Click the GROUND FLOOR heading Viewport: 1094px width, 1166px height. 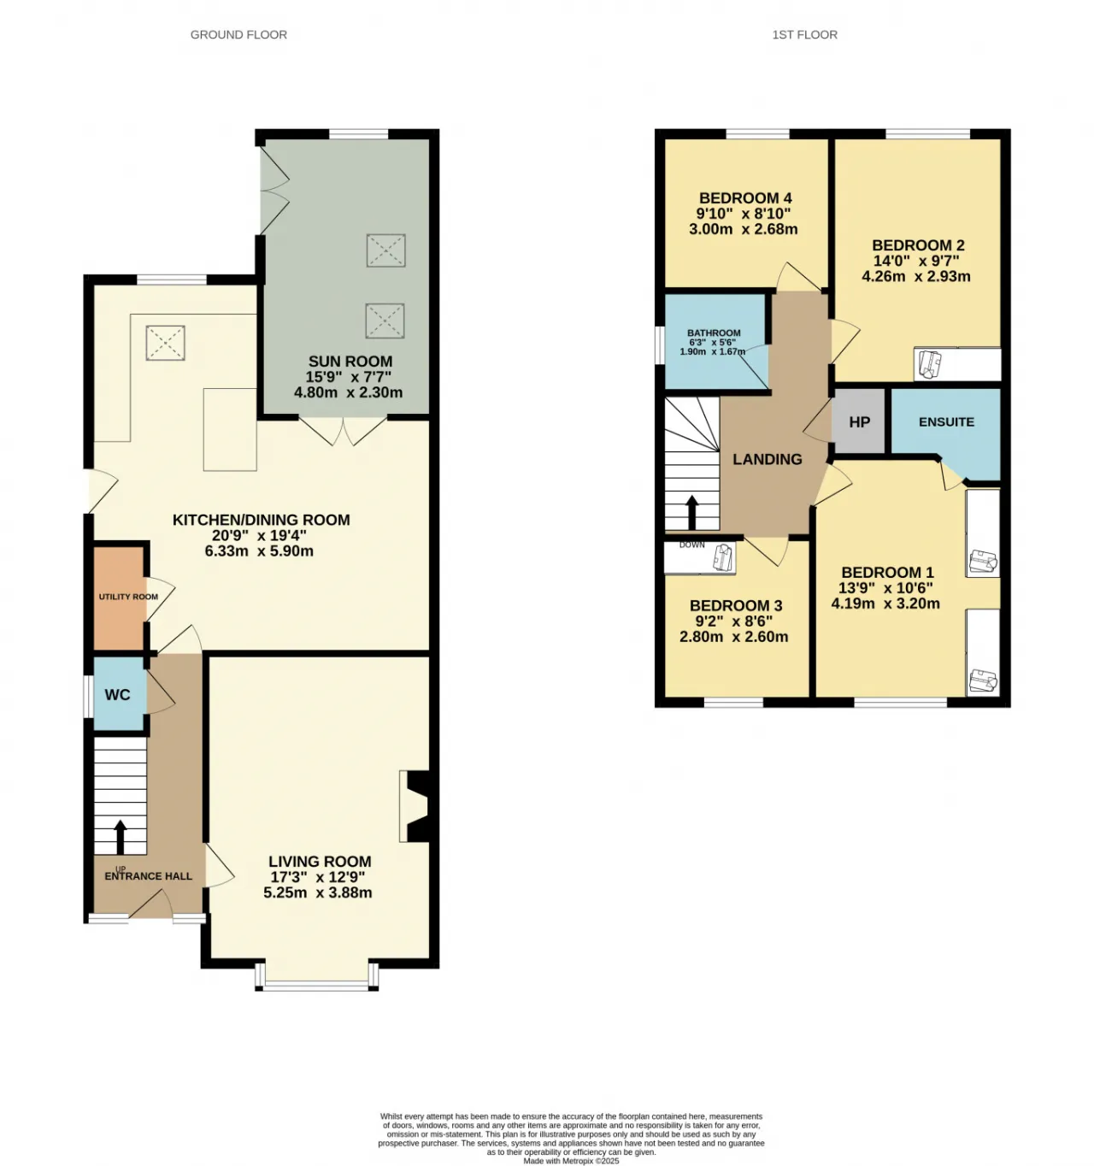click(238, 35)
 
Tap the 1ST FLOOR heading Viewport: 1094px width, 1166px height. click(804, 35)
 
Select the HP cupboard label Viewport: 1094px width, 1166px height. click(858, 421)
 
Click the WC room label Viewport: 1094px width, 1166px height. click(117, 694)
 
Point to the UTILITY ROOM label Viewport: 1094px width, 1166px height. click(128, 597)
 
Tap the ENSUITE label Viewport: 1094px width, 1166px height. click(945, 421)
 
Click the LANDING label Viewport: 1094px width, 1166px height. click(767, 459)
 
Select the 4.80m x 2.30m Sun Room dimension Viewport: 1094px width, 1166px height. click(348, 392)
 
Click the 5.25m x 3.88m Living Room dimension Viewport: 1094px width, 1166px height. click(317, 892)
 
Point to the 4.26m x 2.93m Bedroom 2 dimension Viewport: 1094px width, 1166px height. click(915, 276)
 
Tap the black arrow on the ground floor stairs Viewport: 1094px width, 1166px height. click(120, 837)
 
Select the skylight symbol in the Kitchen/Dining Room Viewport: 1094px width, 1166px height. click(165, 343)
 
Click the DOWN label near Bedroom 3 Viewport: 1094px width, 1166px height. click(691, 545)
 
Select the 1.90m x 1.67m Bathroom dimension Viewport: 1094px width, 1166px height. click(712, 351)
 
